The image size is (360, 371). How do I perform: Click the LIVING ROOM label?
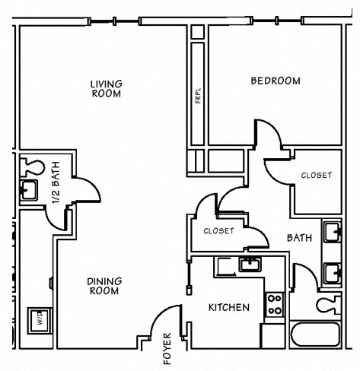[x=107, y=88]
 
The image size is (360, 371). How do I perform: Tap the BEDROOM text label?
[x=275, y=81]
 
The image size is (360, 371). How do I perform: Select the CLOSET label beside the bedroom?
[x=316, y=175]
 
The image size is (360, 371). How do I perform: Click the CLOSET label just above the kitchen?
[x=218, y=231]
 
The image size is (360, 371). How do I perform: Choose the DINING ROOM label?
[x=105, y=285]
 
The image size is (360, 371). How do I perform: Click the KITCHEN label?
[x=229, y=308]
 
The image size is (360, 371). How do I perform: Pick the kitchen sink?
[x=249, y=265]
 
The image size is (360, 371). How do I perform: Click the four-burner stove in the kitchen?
[x=274, y=305]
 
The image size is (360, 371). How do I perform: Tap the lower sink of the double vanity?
[x=333, y=271]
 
